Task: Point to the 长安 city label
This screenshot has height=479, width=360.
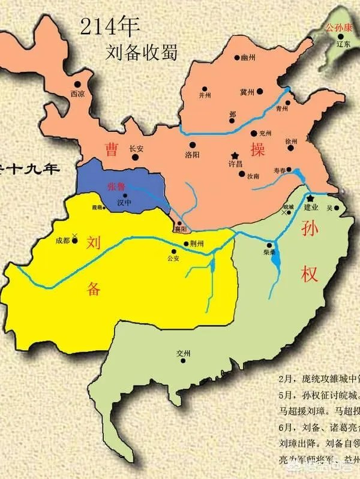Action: (x=136, y=150)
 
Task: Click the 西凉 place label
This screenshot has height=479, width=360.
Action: (x=78, y=94)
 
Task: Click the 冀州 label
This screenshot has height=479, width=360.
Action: (x=247, y=92)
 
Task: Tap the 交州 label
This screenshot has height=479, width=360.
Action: (x=183, y=354)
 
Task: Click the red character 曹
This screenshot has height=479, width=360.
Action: (x=110, y=148)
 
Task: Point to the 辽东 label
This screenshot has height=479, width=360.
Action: (x=343, y=44)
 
